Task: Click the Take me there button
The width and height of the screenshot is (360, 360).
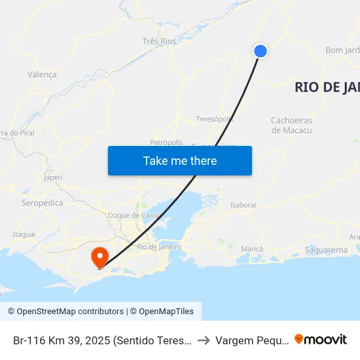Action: (180, 160)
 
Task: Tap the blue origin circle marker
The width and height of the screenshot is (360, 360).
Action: (261, 51)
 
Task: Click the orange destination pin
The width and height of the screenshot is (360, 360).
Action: (100, 256)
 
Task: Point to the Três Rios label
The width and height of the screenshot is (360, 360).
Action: (159, 41)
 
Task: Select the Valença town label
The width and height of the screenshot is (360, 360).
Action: (42, 75)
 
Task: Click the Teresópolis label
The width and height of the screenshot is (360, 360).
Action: (215, 119)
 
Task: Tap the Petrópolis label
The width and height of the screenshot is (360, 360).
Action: (166, 141)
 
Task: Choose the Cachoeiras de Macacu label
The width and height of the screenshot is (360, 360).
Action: (291, 125)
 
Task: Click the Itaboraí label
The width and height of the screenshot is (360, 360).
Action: (243, 205)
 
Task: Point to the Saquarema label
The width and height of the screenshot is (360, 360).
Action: (327, 250)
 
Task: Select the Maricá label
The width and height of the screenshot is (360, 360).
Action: (252, 249)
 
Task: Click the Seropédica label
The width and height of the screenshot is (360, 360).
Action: (43, 203)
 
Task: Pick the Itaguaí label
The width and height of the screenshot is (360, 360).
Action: (24, 234)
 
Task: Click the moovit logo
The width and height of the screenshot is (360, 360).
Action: (321, 340)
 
